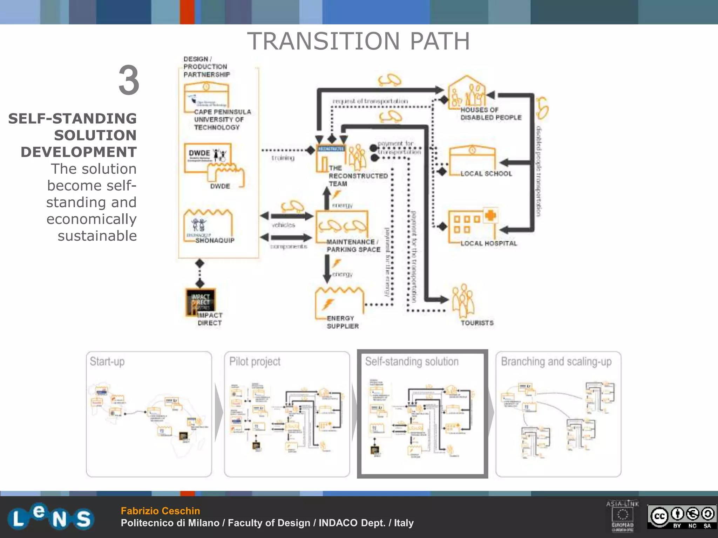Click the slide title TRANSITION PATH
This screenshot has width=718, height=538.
click(x=358, y=41)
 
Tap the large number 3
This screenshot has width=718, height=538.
click(x=129, y=80)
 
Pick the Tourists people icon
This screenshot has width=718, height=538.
click(x=463, y=301)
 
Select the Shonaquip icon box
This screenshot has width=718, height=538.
click(x=208, y=225)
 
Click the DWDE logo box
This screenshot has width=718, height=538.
click(x=208, y=157)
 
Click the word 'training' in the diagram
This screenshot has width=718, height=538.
click(x=283, y=158)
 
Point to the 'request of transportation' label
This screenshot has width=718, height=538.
click(x=370, y=101)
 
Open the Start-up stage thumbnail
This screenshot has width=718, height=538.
click(x=149, y=414)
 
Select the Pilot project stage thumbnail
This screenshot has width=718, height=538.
click(x=287, y=414)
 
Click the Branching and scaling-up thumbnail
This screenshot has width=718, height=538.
click(x=558, y=414)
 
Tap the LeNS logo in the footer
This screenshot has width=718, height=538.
click(x=51, y=517)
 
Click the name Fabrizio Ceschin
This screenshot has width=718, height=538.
click(x=160, y=511)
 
